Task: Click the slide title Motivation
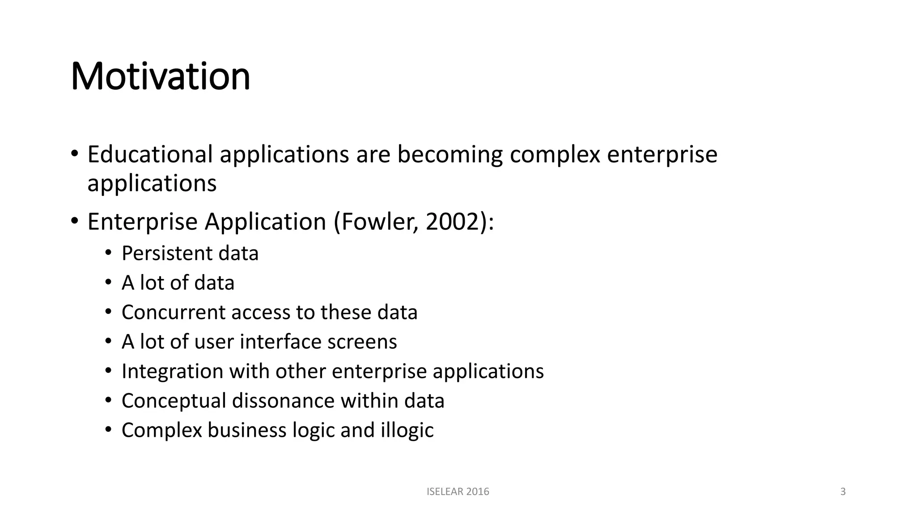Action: (x=160, y=76)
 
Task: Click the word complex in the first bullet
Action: (x=555, y=154)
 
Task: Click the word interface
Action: (x=280, y=342)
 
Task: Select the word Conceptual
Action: (x=174, y=401)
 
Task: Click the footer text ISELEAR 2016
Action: (x=458, y=492)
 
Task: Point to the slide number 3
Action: (x=843, y=492)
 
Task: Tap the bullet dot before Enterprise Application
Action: (x=74, y=221)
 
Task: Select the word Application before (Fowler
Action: (x=266, y=222)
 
